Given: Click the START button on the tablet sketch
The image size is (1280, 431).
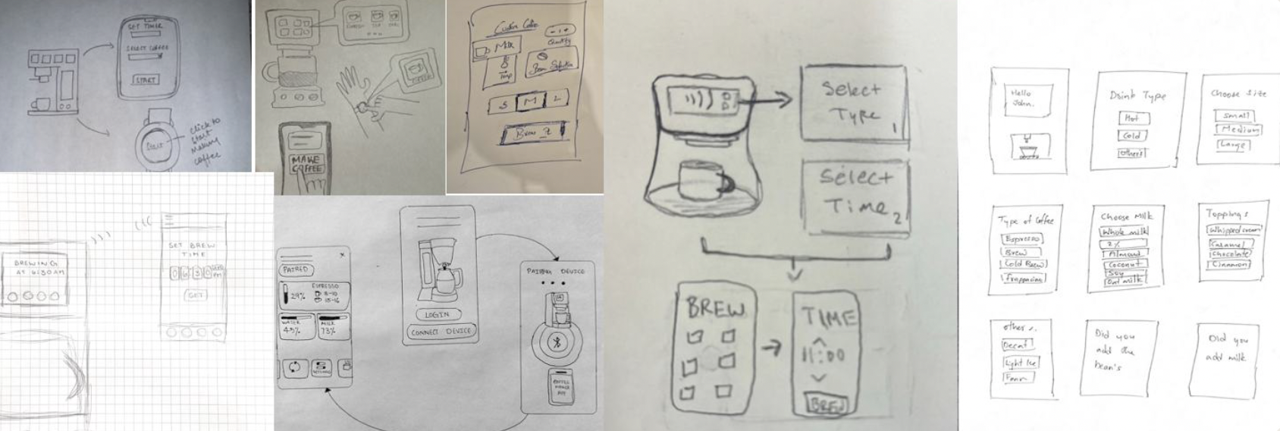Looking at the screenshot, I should [x=146, y=80].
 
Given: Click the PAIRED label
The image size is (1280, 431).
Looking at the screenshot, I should [x=295, y=269].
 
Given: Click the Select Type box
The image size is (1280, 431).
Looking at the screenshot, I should [x=852, y=102].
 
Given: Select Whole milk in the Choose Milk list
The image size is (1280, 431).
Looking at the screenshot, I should [x=1124, y=231].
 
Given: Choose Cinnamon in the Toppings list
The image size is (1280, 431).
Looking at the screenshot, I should [x=1230, y=264].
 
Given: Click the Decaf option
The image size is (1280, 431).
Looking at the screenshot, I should [x=1015, y=345].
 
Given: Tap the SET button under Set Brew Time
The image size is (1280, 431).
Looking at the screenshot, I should [x=196, y=294].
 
